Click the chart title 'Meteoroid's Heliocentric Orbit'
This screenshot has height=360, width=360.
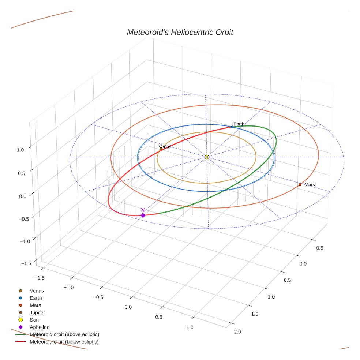coord(180,33)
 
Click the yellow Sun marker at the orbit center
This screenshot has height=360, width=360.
coord(207,157)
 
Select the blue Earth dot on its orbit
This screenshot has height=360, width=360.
coord(232,127)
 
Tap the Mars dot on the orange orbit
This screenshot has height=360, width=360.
coord(300,185)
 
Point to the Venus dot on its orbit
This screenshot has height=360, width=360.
coord(161,149)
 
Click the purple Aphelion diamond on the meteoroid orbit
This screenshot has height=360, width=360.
coord(143,215)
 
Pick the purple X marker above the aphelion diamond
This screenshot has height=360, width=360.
coord(143,210)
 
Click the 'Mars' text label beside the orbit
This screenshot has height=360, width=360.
coord(310,185)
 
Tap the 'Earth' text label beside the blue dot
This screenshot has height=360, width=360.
coord(239,124)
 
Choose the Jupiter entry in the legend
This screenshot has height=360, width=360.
coord(37,313)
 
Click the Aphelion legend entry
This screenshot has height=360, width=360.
coord(39,327)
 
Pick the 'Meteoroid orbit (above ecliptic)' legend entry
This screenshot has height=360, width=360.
coord(64,334)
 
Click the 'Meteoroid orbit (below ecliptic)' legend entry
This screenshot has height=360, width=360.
coord(64,342)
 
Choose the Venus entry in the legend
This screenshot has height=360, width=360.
coord(37,291)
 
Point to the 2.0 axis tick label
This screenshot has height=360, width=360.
coord(237,332)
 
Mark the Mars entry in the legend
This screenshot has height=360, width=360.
coord(35,305)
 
